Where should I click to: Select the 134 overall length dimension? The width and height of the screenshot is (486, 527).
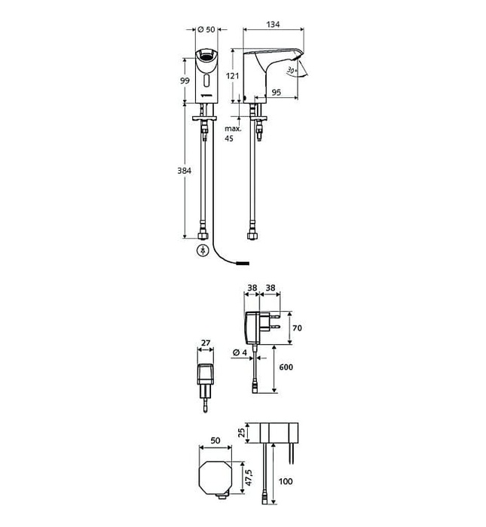click(272, 24)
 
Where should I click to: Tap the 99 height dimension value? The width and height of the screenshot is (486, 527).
click(183, 81)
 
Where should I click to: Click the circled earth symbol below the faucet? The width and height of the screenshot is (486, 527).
click(202, 251)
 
